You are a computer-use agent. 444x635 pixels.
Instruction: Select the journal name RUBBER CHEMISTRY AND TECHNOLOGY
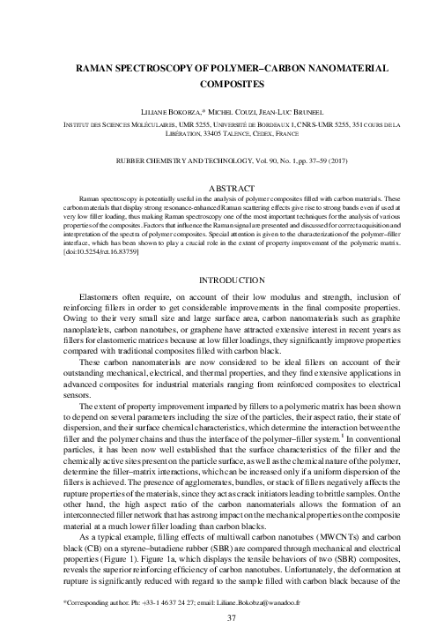click(x=181, y=165)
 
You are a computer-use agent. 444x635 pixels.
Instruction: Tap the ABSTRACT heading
click(x=222, y=188)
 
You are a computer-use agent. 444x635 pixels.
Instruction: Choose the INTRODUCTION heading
click(x=222, y=279)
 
